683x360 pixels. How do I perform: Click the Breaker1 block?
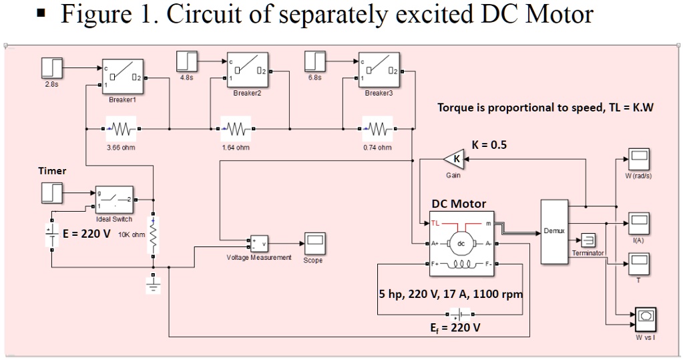[122, 77]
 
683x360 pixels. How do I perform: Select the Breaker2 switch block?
[247, 70]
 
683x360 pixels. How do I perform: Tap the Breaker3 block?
[379, 70]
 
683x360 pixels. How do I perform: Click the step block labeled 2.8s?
[52, 67]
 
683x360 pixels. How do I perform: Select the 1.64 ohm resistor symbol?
[235, 128]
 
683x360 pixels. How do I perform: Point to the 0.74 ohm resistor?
[377, 128]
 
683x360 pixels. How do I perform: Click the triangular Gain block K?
[454, 159]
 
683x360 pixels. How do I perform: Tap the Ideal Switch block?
[114, 200]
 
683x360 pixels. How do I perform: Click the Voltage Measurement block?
[258, 242]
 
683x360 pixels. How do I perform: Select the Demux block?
[553, 230]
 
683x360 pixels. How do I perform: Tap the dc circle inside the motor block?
[459, 244]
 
